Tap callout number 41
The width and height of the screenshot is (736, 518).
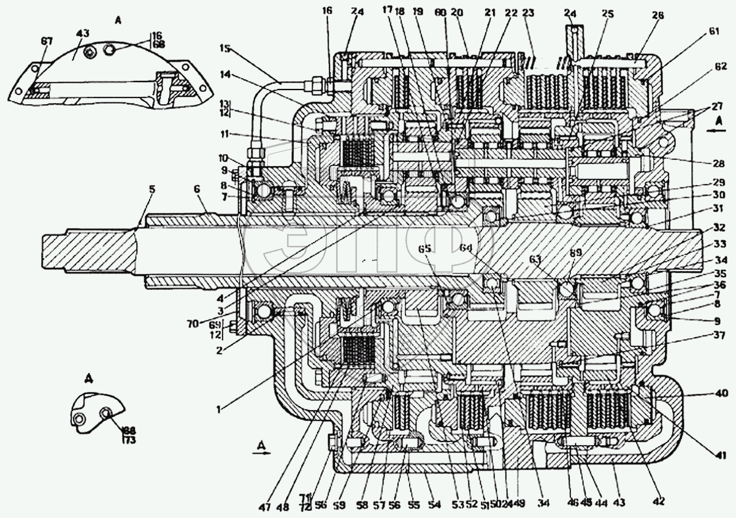pyautogui.click(x=720, y=455)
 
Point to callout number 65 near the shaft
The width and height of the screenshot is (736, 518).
pyautogui.click(x=425, y=249)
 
